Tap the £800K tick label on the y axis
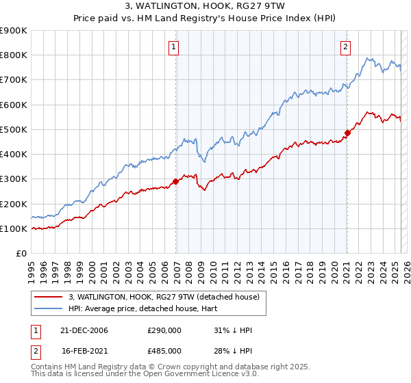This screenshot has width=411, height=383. pyautogui.click(x=14, y=55)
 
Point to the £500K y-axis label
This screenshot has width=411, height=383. pyautogui.click(x=14, y=130)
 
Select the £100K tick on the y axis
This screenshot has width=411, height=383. pyautogui.click(x=14, y=229)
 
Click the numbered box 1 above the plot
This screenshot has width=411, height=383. pyautogui.click(x=174, y=47)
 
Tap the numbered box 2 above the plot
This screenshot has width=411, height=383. pyautogui.click(x=346, y=47)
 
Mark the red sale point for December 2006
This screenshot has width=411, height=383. pyautogui.click(x=175, y=181)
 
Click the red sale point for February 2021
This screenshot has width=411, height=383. pyautogui.click(x=347, y=133)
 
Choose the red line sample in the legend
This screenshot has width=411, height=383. pyautogui.click(x=49, y=298)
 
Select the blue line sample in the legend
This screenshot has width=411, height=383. pyautogui.click(x=49, y=308)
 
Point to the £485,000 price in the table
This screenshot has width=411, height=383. pyautogui.click(x=164, y=350)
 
